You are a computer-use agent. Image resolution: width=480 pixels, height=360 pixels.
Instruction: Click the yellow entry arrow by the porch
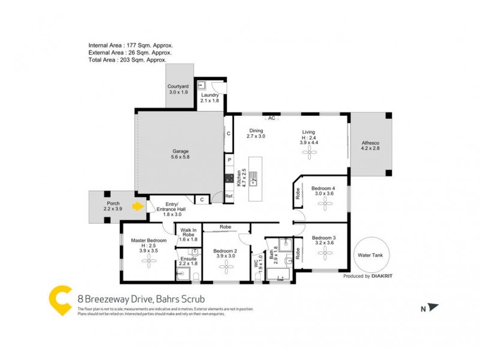coord(139,207)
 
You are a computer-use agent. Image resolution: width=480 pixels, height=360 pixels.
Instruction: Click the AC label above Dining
coord(272,118)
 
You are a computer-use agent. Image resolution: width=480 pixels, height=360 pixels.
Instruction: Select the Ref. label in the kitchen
coord(229,196)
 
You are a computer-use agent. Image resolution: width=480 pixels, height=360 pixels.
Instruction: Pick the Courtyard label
coord(178,89)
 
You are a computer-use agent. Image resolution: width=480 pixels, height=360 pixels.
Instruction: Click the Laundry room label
coord(209,98)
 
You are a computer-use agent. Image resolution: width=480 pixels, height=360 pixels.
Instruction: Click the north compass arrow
coord(433,308)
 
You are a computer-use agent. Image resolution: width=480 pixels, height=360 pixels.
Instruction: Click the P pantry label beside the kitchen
coord(229,160)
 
